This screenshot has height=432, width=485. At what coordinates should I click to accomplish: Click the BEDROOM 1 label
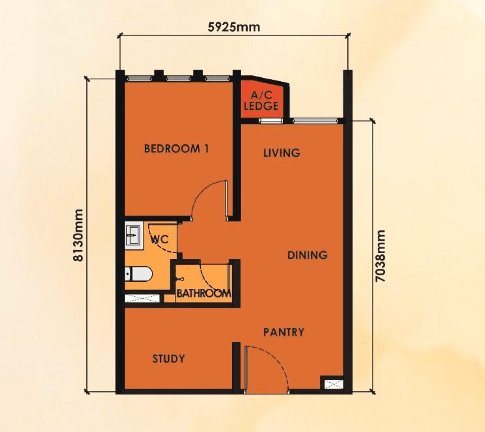click(x=176, y=149)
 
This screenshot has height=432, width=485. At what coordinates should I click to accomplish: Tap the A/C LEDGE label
click(x=261, y=101)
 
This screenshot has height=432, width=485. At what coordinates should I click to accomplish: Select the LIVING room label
click(x=281, y=153)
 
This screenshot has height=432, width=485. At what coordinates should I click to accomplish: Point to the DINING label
click(x=307, y=255)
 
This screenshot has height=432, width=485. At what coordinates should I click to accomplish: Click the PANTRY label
click(x=284, y=332)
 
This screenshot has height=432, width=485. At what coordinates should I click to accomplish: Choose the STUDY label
click(x=169, y=359)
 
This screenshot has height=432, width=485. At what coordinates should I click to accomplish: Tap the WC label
click(x=159, y=239)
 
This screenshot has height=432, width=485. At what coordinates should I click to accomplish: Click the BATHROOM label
click(x=203, y=294)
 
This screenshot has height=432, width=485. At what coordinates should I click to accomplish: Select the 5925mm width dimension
click(x=234, y=27)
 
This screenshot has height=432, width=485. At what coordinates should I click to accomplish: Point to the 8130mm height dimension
click(x=78, y=235)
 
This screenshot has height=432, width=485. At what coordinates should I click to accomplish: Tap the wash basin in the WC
click(x=133, y=235)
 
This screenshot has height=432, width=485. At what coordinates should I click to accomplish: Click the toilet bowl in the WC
click(x=138, y=273)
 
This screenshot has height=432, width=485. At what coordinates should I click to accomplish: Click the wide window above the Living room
click(x=314, y=121)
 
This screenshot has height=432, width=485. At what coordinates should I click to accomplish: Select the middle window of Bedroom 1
click(x=178, y=79)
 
